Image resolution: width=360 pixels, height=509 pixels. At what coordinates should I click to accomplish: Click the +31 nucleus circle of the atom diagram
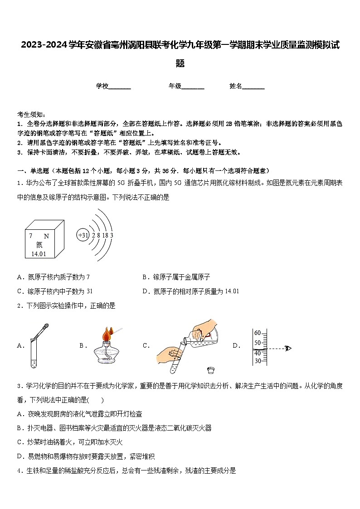(83, 235)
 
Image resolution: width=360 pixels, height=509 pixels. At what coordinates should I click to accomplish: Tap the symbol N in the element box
(46, 236)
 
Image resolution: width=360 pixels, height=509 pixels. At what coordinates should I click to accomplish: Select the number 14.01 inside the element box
(39, 254)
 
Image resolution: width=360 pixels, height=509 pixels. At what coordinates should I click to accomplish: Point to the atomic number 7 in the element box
(31, 236)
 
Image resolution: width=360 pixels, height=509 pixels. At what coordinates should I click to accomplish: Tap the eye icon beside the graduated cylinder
(287, 348)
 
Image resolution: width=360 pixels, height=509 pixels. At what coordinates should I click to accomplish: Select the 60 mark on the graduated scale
(258, 333)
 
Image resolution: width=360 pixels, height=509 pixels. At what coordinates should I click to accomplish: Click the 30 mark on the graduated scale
(258, 361)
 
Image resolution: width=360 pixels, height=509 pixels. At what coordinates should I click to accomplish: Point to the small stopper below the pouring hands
(210, 370)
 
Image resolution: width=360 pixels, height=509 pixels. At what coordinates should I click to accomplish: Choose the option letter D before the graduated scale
(236, 346)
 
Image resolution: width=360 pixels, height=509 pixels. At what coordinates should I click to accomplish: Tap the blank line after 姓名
(253, 87)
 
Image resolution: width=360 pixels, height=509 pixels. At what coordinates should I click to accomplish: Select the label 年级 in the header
(175, 86)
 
